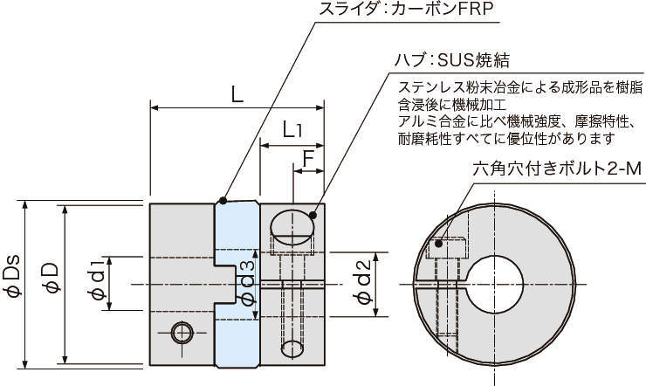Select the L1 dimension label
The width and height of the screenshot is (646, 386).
293,131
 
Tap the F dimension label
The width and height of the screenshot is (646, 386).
308,159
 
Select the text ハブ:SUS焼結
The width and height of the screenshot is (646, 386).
451,62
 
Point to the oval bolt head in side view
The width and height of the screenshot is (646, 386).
293,227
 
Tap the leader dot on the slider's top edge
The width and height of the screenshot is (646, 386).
224,200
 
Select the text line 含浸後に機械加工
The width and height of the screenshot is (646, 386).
451,105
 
